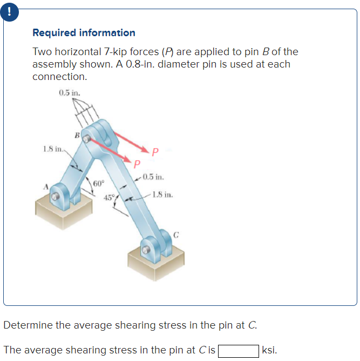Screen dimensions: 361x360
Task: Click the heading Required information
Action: [x=84, y=33]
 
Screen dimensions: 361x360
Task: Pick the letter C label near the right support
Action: [x=176, y=235]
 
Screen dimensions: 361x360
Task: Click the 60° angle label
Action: [x=98, y=183]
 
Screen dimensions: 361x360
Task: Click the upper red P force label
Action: [x=155, y=152]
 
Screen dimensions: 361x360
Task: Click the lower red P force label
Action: [x=137, y=163]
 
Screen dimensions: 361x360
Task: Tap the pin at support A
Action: [x=56, y=198]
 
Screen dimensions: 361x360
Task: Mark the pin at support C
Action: [x=145, y=251]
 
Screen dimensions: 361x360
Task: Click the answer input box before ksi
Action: [x=237, y=350]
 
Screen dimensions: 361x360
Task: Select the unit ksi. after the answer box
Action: [x=270, y=350]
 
